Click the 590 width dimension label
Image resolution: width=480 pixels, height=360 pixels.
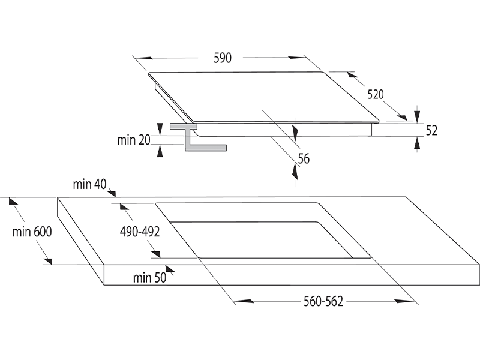223,58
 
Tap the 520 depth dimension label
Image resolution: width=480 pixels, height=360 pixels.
376,94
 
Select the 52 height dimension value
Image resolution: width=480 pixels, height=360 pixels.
431,130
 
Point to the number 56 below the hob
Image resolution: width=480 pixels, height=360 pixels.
304,158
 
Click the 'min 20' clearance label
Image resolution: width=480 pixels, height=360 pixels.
134,140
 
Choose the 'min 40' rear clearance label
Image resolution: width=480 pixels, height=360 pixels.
89,184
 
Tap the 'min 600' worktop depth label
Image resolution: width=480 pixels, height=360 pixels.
32,232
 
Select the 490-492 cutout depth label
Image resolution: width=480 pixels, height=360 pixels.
140,232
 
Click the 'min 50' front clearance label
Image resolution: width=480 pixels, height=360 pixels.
149,278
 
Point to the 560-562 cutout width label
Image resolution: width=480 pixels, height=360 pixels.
323,302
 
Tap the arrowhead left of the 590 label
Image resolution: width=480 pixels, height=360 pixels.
143,58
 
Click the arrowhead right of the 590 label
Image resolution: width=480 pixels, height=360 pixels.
296,57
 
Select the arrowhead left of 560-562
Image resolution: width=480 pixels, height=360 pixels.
244,301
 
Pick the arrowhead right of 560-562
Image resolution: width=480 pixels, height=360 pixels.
404,301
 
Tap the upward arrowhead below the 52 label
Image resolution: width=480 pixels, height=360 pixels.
417,144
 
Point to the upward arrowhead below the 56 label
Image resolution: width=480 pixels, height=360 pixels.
295,172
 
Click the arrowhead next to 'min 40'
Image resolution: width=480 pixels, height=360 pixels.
112,193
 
